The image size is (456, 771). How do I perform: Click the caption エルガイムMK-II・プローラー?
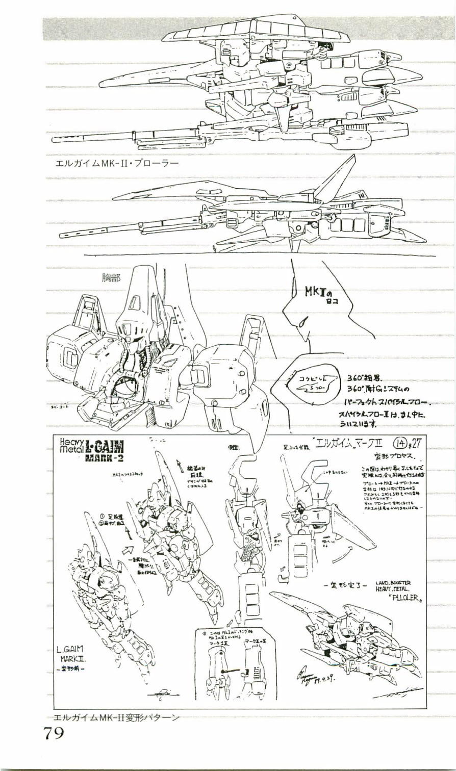[x=117, y=164]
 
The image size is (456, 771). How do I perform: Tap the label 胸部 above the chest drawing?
[x=112, y=278]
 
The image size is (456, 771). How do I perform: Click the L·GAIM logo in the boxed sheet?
[x=104, y=447]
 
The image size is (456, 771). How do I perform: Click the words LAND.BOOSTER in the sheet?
[x=393, y=582]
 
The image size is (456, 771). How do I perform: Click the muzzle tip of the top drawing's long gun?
[x=54, y=138]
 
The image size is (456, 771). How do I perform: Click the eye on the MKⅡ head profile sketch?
[x=303, y=322]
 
